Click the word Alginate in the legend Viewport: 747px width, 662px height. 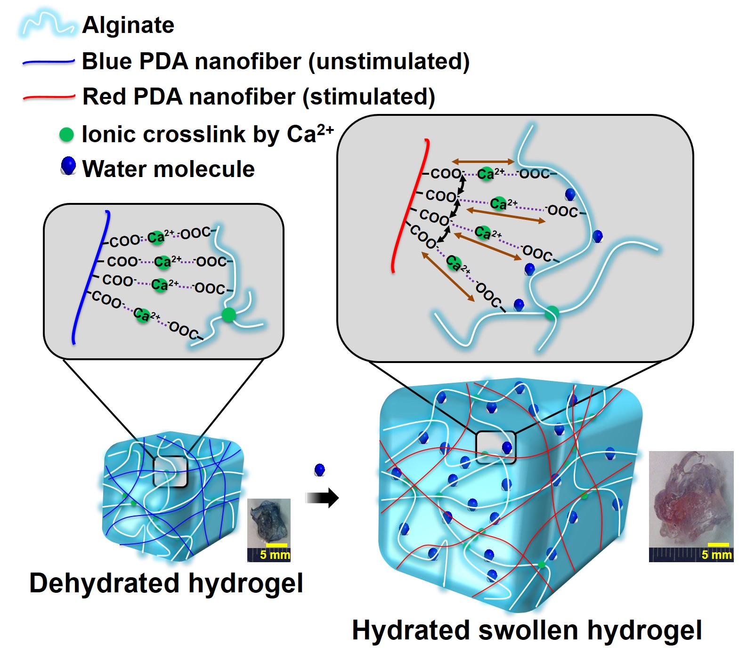pyautogui.click(x=128, y=25)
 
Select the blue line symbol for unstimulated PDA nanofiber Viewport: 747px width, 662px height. pyautogui.click(x=48, y=62)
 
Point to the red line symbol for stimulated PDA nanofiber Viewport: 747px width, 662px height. pyautogui.click(x=49, y=97)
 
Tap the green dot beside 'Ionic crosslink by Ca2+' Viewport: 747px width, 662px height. pyautogui.click(x=66, y=135)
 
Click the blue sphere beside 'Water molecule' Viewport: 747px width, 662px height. pyautogui.click(x=69, y=166)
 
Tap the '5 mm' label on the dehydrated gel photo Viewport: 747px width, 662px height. pyautogui.click(x=275, y=555)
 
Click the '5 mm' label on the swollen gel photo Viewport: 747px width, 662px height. pyautogui.click(x=716, y=555)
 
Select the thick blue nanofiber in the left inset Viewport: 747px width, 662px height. pyautogui.click(x=89, y=278)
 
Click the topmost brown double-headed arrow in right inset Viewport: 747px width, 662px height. pyautogui.click(x=483, y=161)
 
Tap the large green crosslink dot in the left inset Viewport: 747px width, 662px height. pyautogui.click(x=229, y=314)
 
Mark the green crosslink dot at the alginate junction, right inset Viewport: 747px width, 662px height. pyautogui.click(x=552, y=312)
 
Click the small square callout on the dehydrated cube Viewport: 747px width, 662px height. pyautogui.click(x=171, y=471)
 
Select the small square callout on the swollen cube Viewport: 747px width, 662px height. pyautogui.click(x=495, y=447)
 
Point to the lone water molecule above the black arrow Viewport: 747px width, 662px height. pyautogui.click(x=320, y=470)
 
